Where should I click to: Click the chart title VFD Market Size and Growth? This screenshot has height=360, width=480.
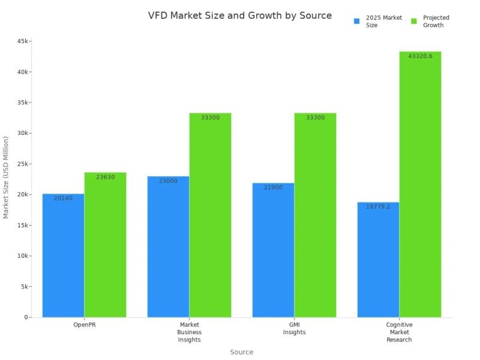(x=239, y=16)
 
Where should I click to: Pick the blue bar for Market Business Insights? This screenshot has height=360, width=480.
(x=168, y=246)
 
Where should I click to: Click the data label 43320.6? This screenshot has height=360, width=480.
(x=420, y=56)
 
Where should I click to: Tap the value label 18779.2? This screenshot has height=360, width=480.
(x=378, y=206)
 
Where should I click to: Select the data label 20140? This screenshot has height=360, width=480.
(x=63, y=198)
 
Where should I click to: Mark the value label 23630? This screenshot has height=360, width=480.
(x=105, y=177)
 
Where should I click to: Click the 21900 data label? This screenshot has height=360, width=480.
(x=273, y=187)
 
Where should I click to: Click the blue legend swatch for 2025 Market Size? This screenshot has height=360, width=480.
(x=356, y=22)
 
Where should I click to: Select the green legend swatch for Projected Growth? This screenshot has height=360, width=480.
(x=414, y=22)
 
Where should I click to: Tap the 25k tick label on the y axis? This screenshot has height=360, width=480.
(x=22, y=164)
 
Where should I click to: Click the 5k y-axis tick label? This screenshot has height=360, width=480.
(x=24, y=286)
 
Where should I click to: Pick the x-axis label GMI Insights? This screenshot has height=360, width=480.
(x=294, y=328)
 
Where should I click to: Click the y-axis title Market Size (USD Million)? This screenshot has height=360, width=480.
(x=7, y=177)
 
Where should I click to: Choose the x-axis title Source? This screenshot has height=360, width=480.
(x=242, y=352)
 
